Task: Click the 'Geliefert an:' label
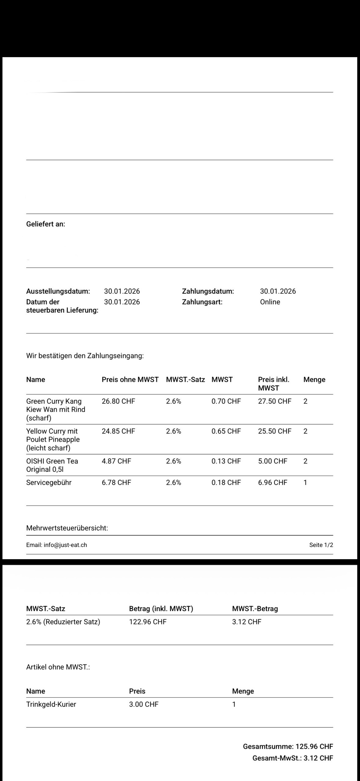coord(46,224)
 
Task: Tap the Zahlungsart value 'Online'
coord(270,302)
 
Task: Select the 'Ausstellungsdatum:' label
coord(58,291)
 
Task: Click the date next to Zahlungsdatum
coord(278,291)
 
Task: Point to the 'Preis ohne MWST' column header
coord(130,380)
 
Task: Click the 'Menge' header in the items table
coord(314,380)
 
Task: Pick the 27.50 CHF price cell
coord(274,401)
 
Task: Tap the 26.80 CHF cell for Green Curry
coord(118,401)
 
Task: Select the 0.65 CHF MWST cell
coord(226,431)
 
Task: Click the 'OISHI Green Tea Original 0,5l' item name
coord(52,465)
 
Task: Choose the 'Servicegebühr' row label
coord(49,483)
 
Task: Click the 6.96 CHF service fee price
coord(272,483)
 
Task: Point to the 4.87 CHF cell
coord(116,461)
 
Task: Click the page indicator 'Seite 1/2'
coord(321,545)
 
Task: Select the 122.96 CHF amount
coord(148,622)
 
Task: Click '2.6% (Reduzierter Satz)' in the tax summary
coord(63,622)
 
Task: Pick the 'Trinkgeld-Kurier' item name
coord(51,704)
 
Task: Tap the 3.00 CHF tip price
coord(144,704)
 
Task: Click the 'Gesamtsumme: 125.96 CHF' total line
coord(288,747)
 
